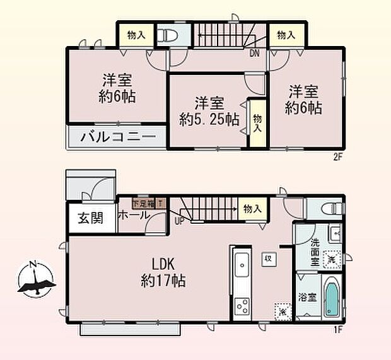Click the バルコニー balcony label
[117, 136]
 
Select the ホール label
[133, 214]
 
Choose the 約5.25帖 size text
[209, 118]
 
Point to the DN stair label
[254, 54]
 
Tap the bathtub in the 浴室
[331, 298]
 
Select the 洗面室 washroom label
[313, 250]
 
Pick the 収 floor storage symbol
[268, 258]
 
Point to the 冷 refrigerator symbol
[282, 311]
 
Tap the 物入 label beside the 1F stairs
[252, 208]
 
